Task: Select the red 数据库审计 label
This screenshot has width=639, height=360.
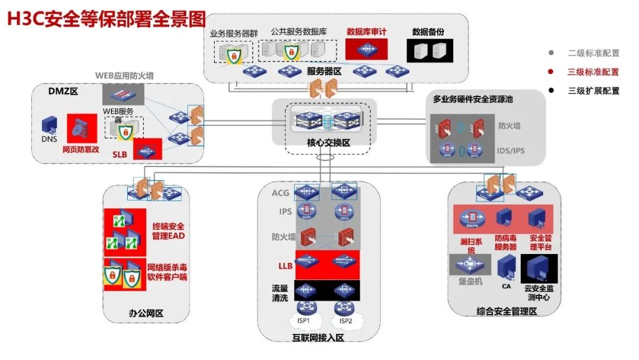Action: coord(367,31)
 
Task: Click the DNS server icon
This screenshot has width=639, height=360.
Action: coord(49,126)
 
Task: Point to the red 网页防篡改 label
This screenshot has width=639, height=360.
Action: coord(80,150)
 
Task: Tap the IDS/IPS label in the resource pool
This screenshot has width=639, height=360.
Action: coord(510,150)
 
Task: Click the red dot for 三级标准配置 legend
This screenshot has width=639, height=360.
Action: coord(551,72)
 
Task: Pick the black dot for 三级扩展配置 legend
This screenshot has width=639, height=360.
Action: coord(551,91)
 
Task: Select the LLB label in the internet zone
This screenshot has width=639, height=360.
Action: coord(285,266)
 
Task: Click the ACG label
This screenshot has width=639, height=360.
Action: coord(280,193)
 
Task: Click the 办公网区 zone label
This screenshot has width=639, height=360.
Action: coord(146,313)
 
